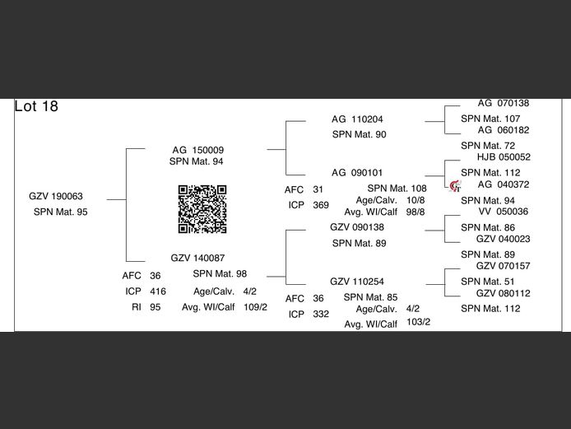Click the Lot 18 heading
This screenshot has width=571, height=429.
coord(36,106)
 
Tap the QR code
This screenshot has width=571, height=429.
coord(202,209)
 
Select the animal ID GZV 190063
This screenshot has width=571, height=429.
coord(56,196)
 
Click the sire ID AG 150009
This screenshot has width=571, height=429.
coord(197,150)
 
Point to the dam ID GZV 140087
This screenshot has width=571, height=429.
coord(197,258)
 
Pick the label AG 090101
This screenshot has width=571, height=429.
coord(357,173)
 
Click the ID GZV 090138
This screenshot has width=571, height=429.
coord(357,227)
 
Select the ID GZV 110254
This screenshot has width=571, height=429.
coord(357,282)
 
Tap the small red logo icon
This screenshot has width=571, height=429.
coord(455,186)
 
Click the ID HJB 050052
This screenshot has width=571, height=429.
coord(504,157)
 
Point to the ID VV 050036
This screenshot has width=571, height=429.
coord(504,212)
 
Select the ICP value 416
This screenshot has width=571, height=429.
coord(158,291)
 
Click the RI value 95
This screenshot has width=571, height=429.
coord(156,307)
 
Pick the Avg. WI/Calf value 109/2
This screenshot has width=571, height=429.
coord(255,307)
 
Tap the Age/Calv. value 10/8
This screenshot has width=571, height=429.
coord(415,200)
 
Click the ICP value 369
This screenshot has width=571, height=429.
coord(321,205)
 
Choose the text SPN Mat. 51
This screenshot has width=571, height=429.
coord(488,282)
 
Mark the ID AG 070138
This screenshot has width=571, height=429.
coord(504,103)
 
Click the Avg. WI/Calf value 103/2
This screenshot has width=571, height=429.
coord(419,322)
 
